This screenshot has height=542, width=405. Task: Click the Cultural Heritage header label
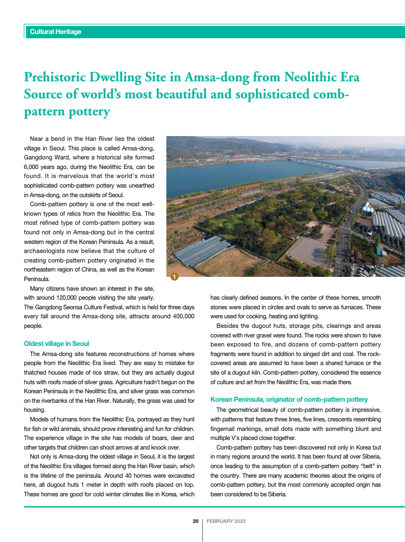(56, 32)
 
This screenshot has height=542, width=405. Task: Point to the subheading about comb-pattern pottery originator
(289, 399)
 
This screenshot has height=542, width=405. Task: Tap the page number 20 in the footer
(196, 521)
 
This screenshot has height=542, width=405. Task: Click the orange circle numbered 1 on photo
(175, 276)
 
